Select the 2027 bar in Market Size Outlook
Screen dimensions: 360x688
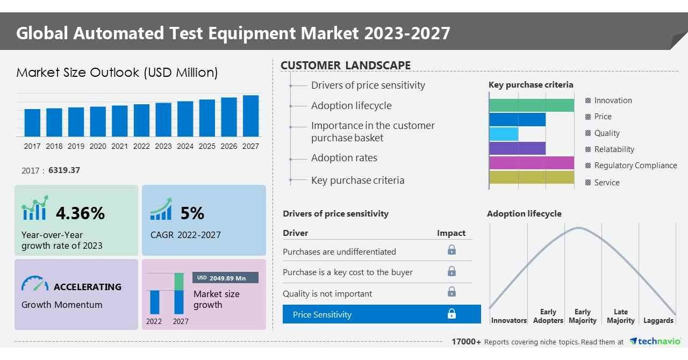click(250, 116)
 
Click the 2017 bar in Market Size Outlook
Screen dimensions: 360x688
click(32, 123)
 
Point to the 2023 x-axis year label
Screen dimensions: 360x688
click(163, 146)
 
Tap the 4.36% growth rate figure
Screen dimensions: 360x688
click(80, 213)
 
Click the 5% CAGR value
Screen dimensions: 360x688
click(192, 213)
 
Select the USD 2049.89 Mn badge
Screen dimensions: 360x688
click(225, 278)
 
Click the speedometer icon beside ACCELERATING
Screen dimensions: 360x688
click(35, 284)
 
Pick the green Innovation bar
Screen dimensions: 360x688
click(531, 105)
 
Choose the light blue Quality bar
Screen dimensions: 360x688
click(504, 134)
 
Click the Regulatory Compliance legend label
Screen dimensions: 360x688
click(635, 165)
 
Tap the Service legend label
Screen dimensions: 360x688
click(607, 183)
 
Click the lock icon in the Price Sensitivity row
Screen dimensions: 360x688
click(451, 314)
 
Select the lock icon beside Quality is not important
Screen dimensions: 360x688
click(451, 292)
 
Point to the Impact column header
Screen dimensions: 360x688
click(451, 233)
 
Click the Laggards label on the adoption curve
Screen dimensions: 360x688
click(658, 320)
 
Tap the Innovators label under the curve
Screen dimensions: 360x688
click(508, 320)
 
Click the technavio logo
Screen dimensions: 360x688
click(655, 342)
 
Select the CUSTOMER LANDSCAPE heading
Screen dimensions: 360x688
click(346, 66)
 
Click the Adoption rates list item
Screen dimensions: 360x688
click(344, 158)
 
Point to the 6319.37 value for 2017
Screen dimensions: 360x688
click(64, 170)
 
